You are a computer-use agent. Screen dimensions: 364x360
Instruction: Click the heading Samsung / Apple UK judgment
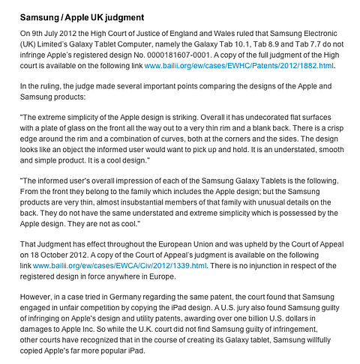click(82, 16)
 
